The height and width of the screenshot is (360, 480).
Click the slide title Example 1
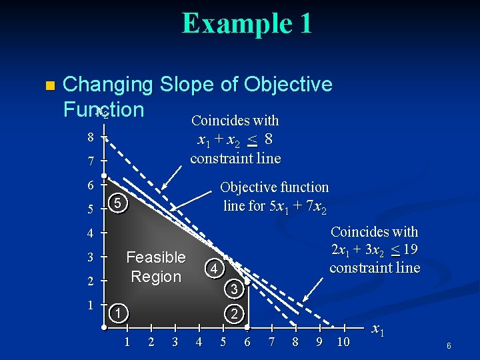pyautogui.click(x=246, y=23)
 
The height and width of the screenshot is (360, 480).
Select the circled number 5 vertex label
pyautogui.click(x=117, y=203)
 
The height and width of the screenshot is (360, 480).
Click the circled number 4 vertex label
pyautogui.click(x=213, y=269)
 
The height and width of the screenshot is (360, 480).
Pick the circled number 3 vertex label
pyautogui.click(x=233, y=289)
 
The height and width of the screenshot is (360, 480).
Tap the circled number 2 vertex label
pyautogui.click(x=234, y=313)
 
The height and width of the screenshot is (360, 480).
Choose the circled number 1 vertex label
pyautogui.click(x=117, y=313)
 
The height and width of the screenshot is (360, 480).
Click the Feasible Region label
pyautogui.click(x=156, y=267)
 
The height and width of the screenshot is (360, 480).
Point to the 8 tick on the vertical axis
pyautogui.click(x=90, y=137)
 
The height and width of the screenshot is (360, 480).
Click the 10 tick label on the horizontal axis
pyautogui.click(x=343, y=342)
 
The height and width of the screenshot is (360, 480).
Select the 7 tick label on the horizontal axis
pyautogui.click(x=271, y=342)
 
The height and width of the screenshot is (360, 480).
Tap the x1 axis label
pyautogui.click(x=377, y=329)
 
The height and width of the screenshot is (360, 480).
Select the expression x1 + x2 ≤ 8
pyautogui.click(x=235, y=139)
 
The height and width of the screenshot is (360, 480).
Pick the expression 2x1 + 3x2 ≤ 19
pyautogui.click(x=375, y=250)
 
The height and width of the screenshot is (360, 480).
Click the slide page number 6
pyautogui.click(x=449, y=346)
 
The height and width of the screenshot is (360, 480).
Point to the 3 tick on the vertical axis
pyautogui.click(x=90, y=257)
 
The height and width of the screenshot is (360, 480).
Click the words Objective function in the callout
pyautogui.click(x=274, y=187)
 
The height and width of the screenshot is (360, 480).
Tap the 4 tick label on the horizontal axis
pyautogui.click(x=199, y=342)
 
